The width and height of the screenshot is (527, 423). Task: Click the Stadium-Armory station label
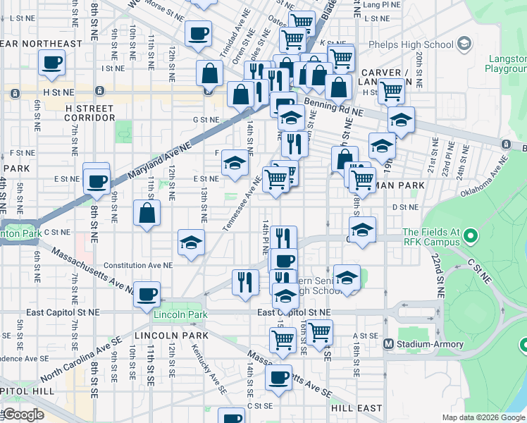point(419,344)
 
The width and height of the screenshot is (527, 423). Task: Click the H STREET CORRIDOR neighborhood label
point(89,113)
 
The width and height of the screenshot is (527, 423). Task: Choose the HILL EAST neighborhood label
point(356,408)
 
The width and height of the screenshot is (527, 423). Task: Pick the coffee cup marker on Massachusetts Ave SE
point(278,376)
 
